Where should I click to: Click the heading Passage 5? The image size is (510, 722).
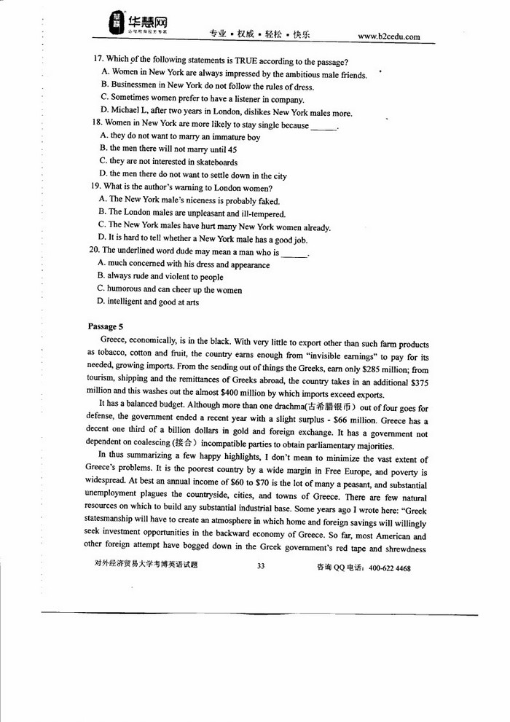point(106,326)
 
